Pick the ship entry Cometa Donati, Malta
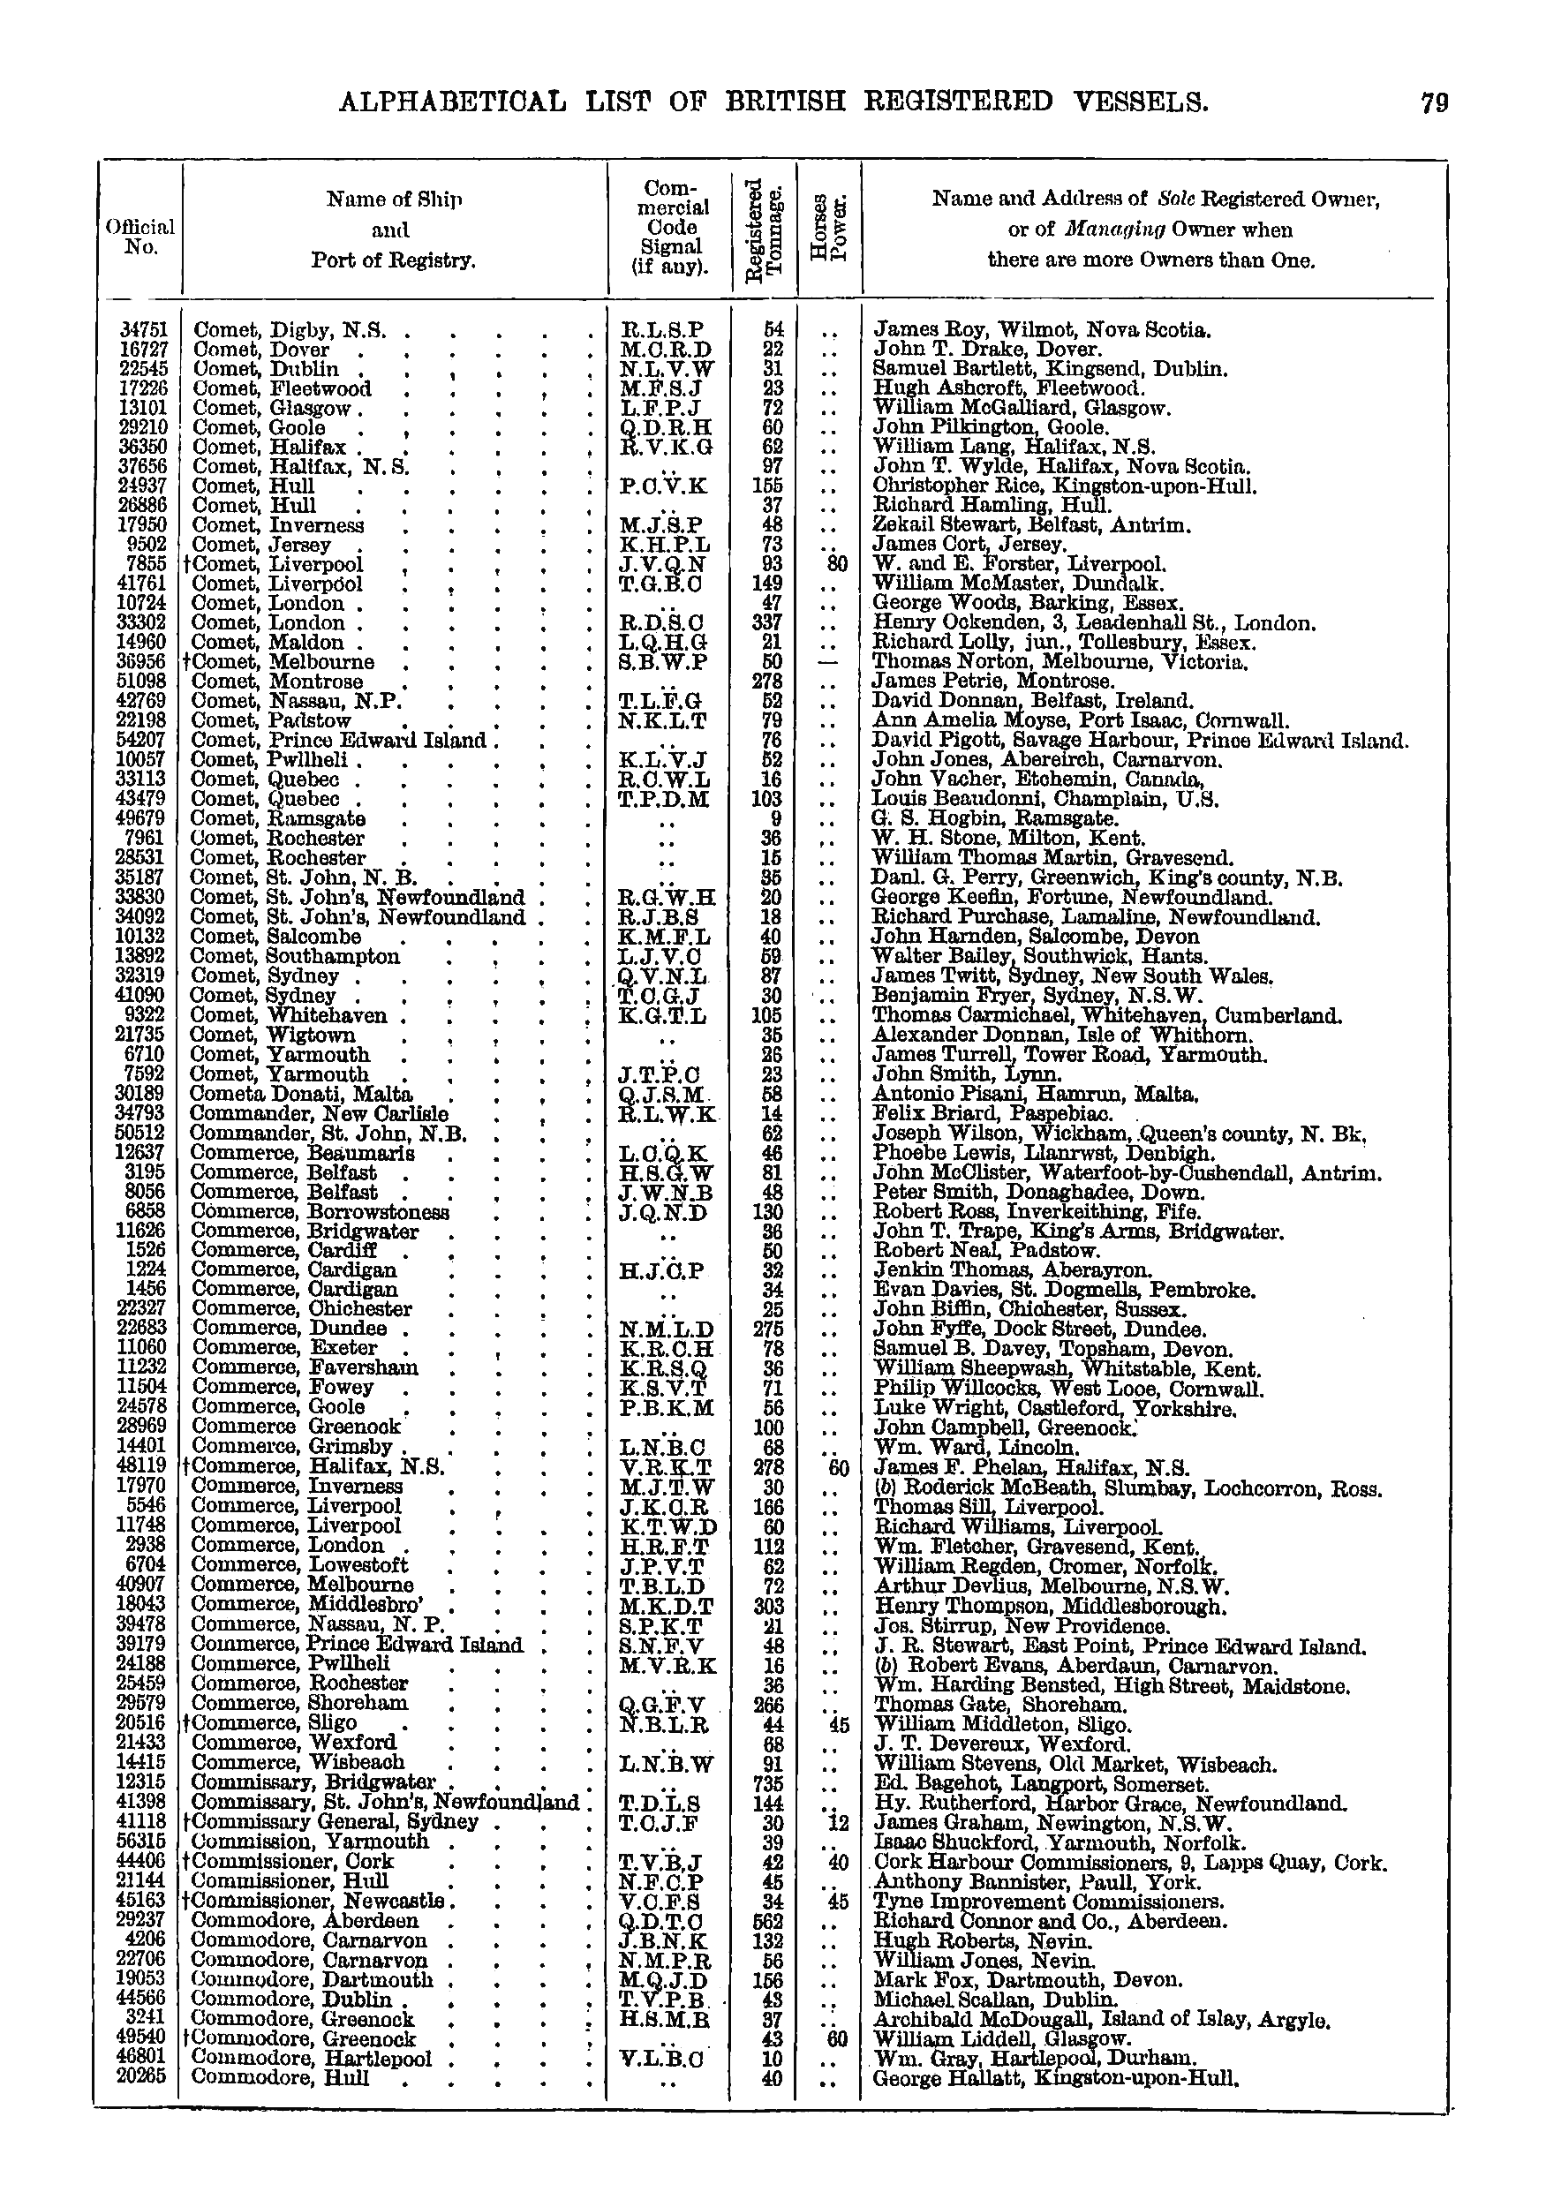301,1093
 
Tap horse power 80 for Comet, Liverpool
836,564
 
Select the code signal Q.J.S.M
663,1094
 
